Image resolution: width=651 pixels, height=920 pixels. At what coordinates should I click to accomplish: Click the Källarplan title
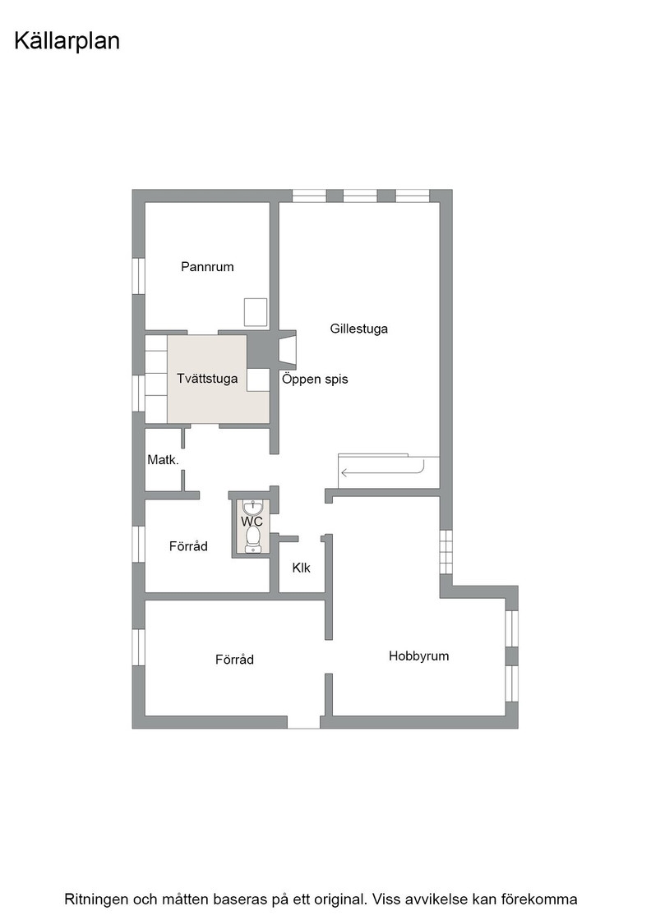(67, 42)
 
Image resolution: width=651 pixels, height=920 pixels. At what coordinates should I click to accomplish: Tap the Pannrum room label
(207, 267)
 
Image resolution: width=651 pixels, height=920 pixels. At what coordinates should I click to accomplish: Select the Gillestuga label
(358, 329)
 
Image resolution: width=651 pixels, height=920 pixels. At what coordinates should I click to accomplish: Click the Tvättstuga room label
(207, 379)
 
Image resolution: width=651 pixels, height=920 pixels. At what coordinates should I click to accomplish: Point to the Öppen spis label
(315, 379)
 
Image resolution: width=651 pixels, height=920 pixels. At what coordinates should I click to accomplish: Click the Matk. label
(164, 460)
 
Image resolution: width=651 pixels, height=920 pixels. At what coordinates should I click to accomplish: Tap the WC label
(252, 521)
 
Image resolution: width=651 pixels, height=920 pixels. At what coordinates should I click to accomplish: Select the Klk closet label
(301, 568)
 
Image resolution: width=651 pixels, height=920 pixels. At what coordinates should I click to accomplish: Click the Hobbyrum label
(418, 656)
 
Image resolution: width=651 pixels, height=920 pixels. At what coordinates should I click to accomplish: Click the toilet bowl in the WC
(253, 538)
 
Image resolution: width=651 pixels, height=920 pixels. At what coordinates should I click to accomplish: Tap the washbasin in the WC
(252, 508)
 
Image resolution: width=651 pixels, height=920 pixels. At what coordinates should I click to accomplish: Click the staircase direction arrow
(381, 470)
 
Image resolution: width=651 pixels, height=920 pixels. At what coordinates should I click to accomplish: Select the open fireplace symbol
(288, 350)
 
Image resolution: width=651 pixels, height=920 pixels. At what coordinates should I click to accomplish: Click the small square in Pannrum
(256, 312)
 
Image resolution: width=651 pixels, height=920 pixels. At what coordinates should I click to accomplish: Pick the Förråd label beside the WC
(188, 546)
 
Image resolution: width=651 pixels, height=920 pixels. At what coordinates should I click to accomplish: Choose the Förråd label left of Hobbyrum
(235, 660)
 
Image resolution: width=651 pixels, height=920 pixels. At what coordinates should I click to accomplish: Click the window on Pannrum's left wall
(139, 276)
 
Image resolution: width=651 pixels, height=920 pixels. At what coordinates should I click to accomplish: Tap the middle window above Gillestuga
(360, 196)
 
